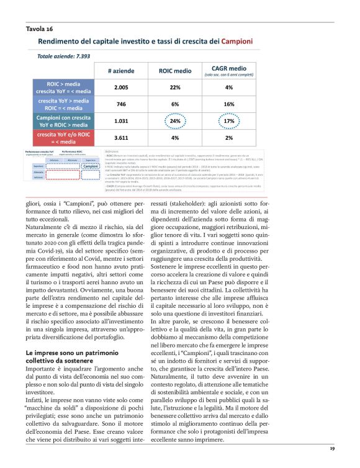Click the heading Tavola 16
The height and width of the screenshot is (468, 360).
coord(40,29)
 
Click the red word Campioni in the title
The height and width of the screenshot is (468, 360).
coord(238,42)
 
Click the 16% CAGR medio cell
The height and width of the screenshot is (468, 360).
coord(229,104)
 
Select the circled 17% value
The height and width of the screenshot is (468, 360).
coord(229,121)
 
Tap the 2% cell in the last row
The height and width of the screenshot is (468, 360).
coord(229,137)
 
